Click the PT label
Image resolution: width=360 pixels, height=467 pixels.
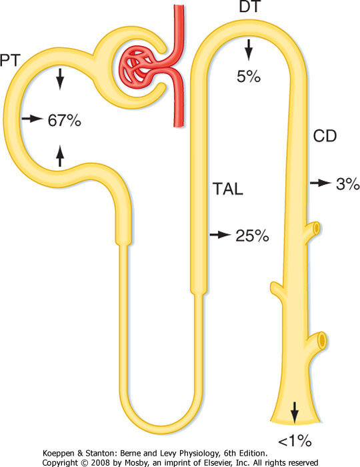(x=10, y=61)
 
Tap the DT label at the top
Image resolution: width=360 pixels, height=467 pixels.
(x=251, y=7)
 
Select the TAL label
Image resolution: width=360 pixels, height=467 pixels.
(x=228, y=189)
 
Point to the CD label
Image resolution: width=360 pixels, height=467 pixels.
(x=325, y=136)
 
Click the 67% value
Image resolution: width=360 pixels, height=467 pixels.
(x=65, y=121)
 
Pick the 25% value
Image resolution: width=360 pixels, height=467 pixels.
(x=252, y=236)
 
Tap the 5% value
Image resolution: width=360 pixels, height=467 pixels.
(x=249, y=76)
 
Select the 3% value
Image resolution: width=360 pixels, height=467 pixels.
(x=347, y=184)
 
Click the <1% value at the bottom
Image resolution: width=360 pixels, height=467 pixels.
(x=295, y=441)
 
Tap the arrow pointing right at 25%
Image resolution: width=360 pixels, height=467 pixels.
(x=220, y=235)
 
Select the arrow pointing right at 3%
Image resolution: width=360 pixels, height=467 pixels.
(x=321, y=183)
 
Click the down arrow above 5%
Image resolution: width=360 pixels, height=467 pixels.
(x=249, y=50)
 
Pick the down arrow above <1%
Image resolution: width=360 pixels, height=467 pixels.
(x=295, y=412)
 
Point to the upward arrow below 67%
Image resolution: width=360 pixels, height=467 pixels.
(x=60, y=155)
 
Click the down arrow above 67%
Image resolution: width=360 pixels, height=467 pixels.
(x=60, y=79)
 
